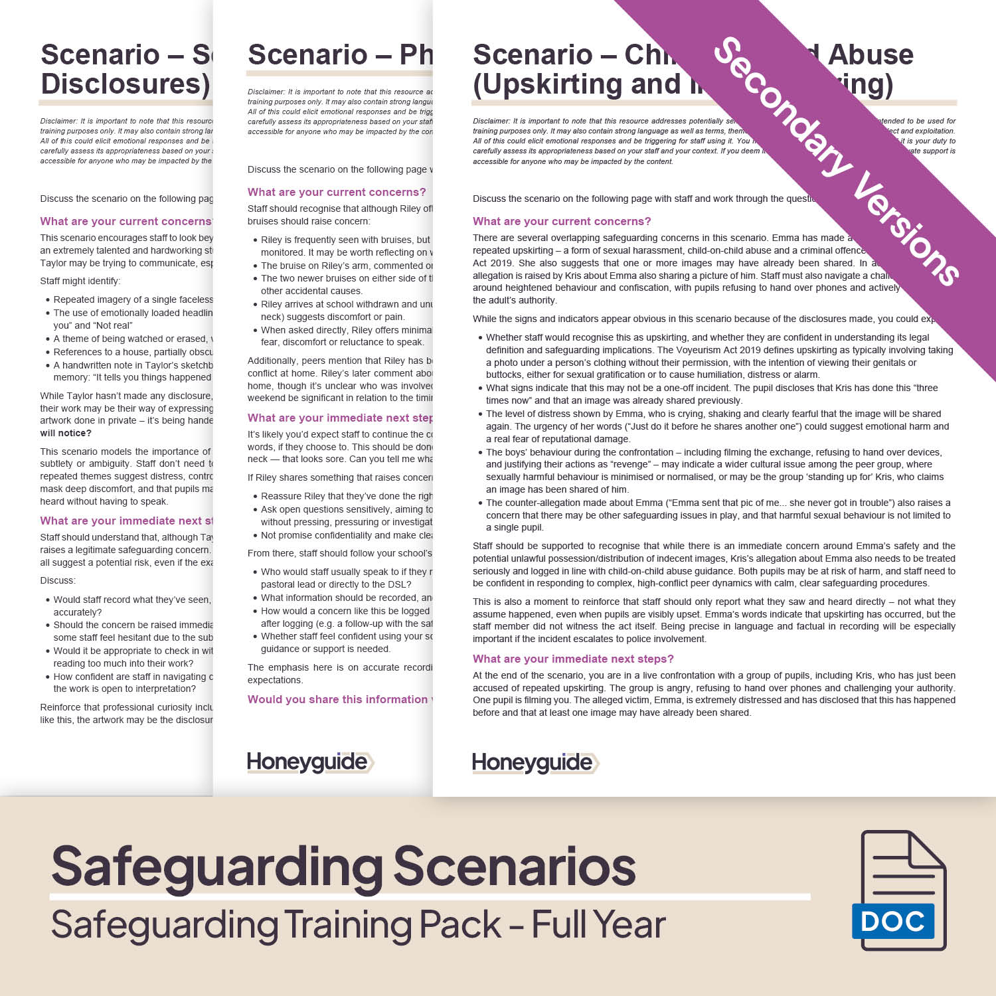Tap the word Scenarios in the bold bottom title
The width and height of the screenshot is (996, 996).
tap(515, 867)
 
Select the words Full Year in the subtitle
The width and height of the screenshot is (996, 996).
tap(598, 924)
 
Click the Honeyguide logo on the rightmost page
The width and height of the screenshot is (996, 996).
tap(535, 763)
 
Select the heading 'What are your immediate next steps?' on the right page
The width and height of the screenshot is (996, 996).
tap(573, 659)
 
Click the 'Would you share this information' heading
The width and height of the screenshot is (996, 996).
tap(339, 699)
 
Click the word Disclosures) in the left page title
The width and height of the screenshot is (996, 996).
tap(125, 84)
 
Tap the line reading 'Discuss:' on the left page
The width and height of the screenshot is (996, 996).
tap(58, 580)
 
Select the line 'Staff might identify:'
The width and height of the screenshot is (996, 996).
tap(80, 281)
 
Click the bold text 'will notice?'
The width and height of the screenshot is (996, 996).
tap(66, 433)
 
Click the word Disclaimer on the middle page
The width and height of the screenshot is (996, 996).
tap(266, 92)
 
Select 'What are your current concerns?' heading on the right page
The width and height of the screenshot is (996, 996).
tap(562, 221)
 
